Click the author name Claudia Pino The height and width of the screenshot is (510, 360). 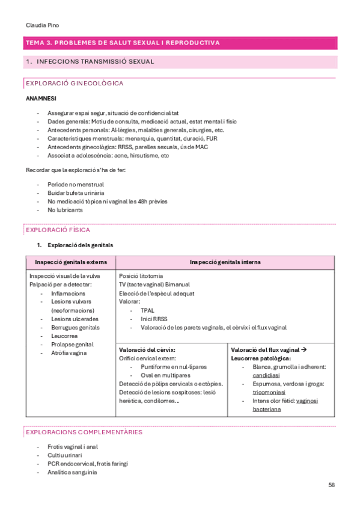coord(43,25)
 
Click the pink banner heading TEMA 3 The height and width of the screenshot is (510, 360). coord(123,43)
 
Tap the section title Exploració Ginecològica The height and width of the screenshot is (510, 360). coord(74,83)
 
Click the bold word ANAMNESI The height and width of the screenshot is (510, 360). coord(41,98)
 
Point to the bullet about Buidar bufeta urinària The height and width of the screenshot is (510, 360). coord(75,192)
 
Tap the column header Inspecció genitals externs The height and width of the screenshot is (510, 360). coord(71,262)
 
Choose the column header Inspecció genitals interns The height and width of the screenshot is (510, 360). coord(225,262)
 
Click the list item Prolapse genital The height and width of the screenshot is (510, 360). coord(72,345)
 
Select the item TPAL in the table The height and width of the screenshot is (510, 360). coord(147,310)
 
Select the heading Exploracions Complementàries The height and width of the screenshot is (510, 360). coord(84,432)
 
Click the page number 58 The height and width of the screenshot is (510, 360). coord(332,485)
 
